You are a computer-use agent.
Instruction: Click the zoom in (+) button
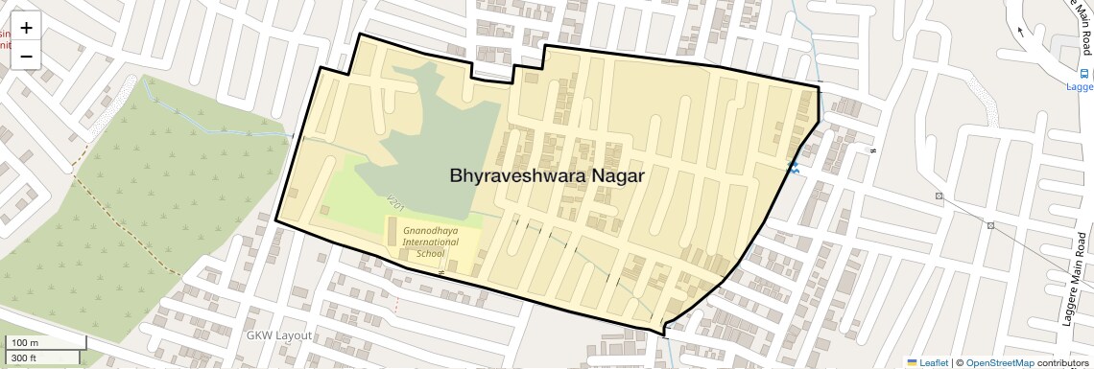coord(26,28)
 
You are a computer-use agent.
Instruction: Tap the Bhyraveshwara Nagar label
coord(546,176)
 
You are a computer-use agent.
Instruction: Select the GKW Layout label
coord(279,335)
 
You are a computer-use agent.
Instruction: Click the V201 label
coord(393,203)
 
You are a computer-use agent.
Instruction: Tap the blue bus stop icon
coord(1085,74)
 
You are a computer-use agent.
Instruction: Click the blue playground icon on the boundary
coord(793,168)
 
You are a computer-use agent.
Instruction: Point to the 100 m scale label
coord(25,343)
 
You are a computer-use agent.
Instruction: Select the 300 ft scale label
coord(25,357)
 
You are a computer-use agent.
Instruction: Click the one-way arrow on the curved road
coord(1020,31)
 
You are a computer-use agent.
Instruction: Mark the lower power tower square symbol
coord(990,226)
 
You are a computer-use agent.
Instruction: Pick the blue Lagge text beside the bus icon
coord(1081,86)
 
